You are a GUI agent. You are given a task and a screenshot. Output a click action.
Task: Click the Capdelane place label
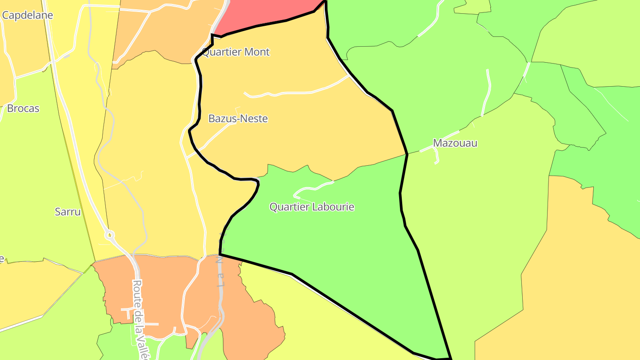tap(28, 15)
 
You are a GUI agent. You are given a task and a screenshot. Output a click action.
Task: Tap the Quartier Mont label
tap(236, 52)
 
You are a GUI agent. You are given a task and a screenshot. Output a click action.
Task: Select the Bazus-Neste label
tap(238, 119)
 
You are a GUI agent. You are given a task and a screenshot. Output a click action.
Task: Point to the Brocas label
tap(23, 108)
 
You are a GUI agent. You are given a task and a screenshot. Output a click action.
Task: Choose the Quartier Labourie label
tap(312, 207)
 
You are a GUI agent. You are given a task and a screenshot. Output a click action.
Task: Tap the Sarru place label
tap(68, 212)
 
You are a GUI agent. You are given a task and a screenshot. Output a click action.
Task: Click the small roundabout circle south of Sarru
tap(110, 235)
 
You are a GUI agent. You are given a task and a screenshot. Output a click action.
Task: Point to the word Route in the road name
tap(137, 291)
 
